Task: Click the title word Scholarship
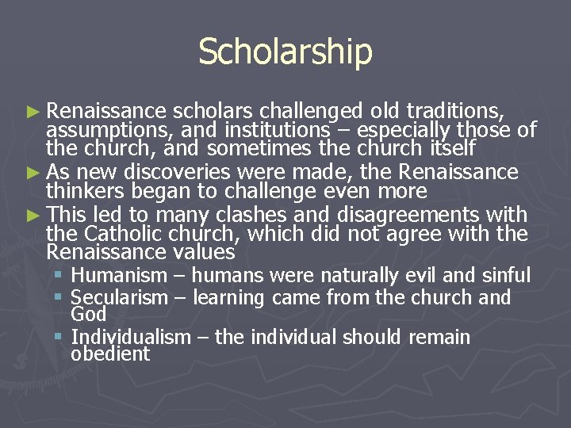tap(285, 52)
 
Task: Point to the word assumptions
tap(109, 129)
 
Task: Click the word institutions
tap(277, 129)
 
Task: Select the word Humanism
tap(119, 276)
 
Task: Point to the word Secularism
tap(120, 298)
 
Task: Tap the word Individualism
tap(131, 338)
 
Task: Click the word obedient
tap(110, 354)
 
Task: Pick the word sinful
tap(507, 276)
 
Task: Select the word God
tap(88, 314)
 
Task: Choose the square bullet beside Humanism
tap(59, 276)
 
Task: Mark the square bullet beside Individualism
tap(59, 338)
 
